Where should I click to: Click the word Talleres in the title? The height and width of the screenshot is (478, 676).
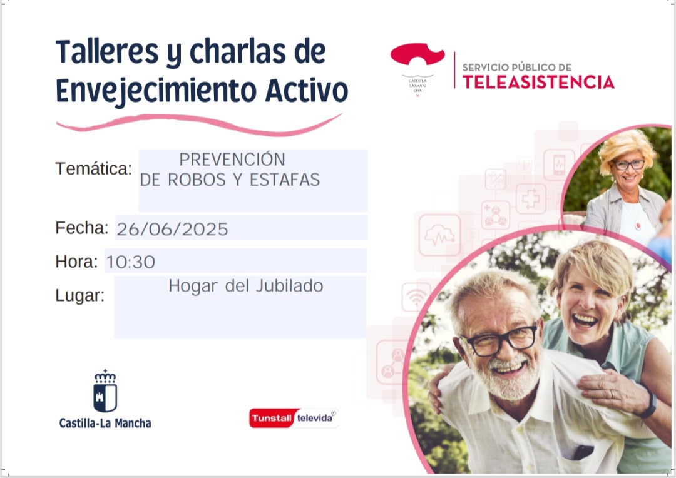click(x=107, y=52)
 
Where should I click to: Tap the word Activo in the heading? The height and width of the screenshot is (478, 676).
click(x=306, y=91)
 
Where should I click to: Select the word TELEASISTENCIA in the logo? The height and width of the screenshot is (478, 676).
click(x=538, y=82)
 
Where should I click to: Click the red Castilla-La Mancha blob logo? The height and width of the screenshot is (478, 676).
click(x=417, y=54)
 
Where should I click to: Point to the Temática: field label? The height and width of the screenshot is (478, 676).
click(x=93, y=168)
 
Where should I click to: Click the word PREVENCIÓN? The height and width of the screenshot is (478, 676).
click(x=232, y=160)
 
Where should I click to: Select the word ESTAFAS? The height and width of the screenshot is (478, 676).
click(x=285, y=180)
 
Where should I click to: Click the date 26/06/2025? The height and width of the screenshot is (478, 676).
click(x=172, y=229)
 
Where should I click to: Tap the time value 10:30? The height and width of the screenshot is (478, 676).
click(x=131, y=262)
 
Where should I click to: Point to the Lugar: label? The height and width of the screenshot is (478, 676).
click(x=80, y=296)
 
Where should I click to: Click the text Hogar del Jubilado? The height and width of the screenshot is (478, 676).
click(x=246, y=286)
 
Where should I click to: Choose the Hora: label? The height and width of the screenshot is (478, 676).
click(x=77, y=262)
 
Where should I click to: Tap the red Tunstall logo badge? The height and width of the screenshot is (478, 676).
click(x=272, y=418)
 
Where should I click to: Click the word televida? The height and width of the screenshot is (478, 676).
click(x=315, y=418)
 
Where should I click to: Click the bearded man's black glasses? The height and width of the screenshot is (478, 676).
click(x=499, y=340)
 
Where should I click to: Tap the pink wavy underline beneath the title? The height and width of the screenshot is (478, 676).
click(x=199, y=124)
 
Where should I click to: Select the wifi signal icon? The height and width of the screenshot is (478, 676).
click(x=416, y=297)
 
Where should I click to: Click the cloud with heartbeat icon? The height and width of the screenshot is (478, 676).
click(x=439, y=235)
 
